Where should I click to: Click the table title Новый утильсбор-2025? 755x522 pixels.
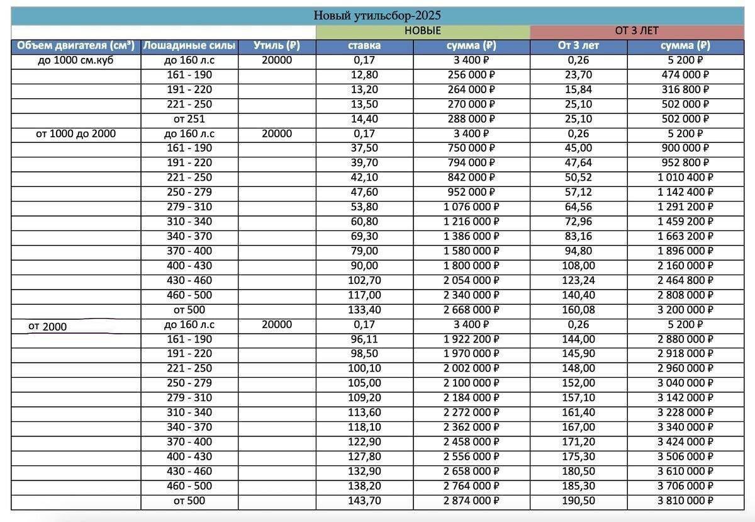pos(377,16)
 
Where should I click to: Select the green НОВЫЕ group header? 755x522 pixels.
pos(422,31)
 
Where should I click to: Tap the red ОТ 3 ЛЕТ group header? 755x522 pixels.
pos(637,31)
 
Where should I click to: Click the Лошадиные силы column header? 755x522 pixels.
pos(189,45)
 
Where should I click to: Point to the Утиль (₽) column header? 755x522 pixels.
pos(276,45)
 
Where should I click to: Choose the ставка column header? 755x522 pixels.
pos(364,45)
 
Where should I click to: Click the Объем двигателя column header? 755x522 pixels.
pos(75,45)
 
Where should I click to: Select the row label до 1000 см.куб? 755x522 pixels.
pos(75,60)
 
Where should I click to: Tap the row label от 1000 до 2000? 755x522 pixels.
pos(75,133)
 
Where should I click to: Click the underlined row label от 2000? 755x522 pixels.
pos(47,326)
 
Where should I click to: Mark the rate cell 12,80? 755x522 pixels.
pos(364,75)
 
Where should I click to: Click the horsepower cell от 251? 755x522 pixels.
pos(189,118)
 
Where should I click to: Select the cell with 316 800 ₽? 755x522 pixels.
pos(686,89)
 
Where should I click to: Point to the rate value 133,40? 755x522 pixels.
pos(364,310)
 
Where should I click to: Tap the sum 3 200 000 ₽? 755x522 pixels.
pos(686,310)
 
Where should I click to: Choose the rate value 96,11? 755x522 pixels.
pos(364,339)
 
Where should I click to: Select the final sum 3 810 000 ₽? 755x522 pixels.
pos(686,501)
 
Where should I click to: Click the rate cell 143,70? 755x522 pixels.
pos(364,501)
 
